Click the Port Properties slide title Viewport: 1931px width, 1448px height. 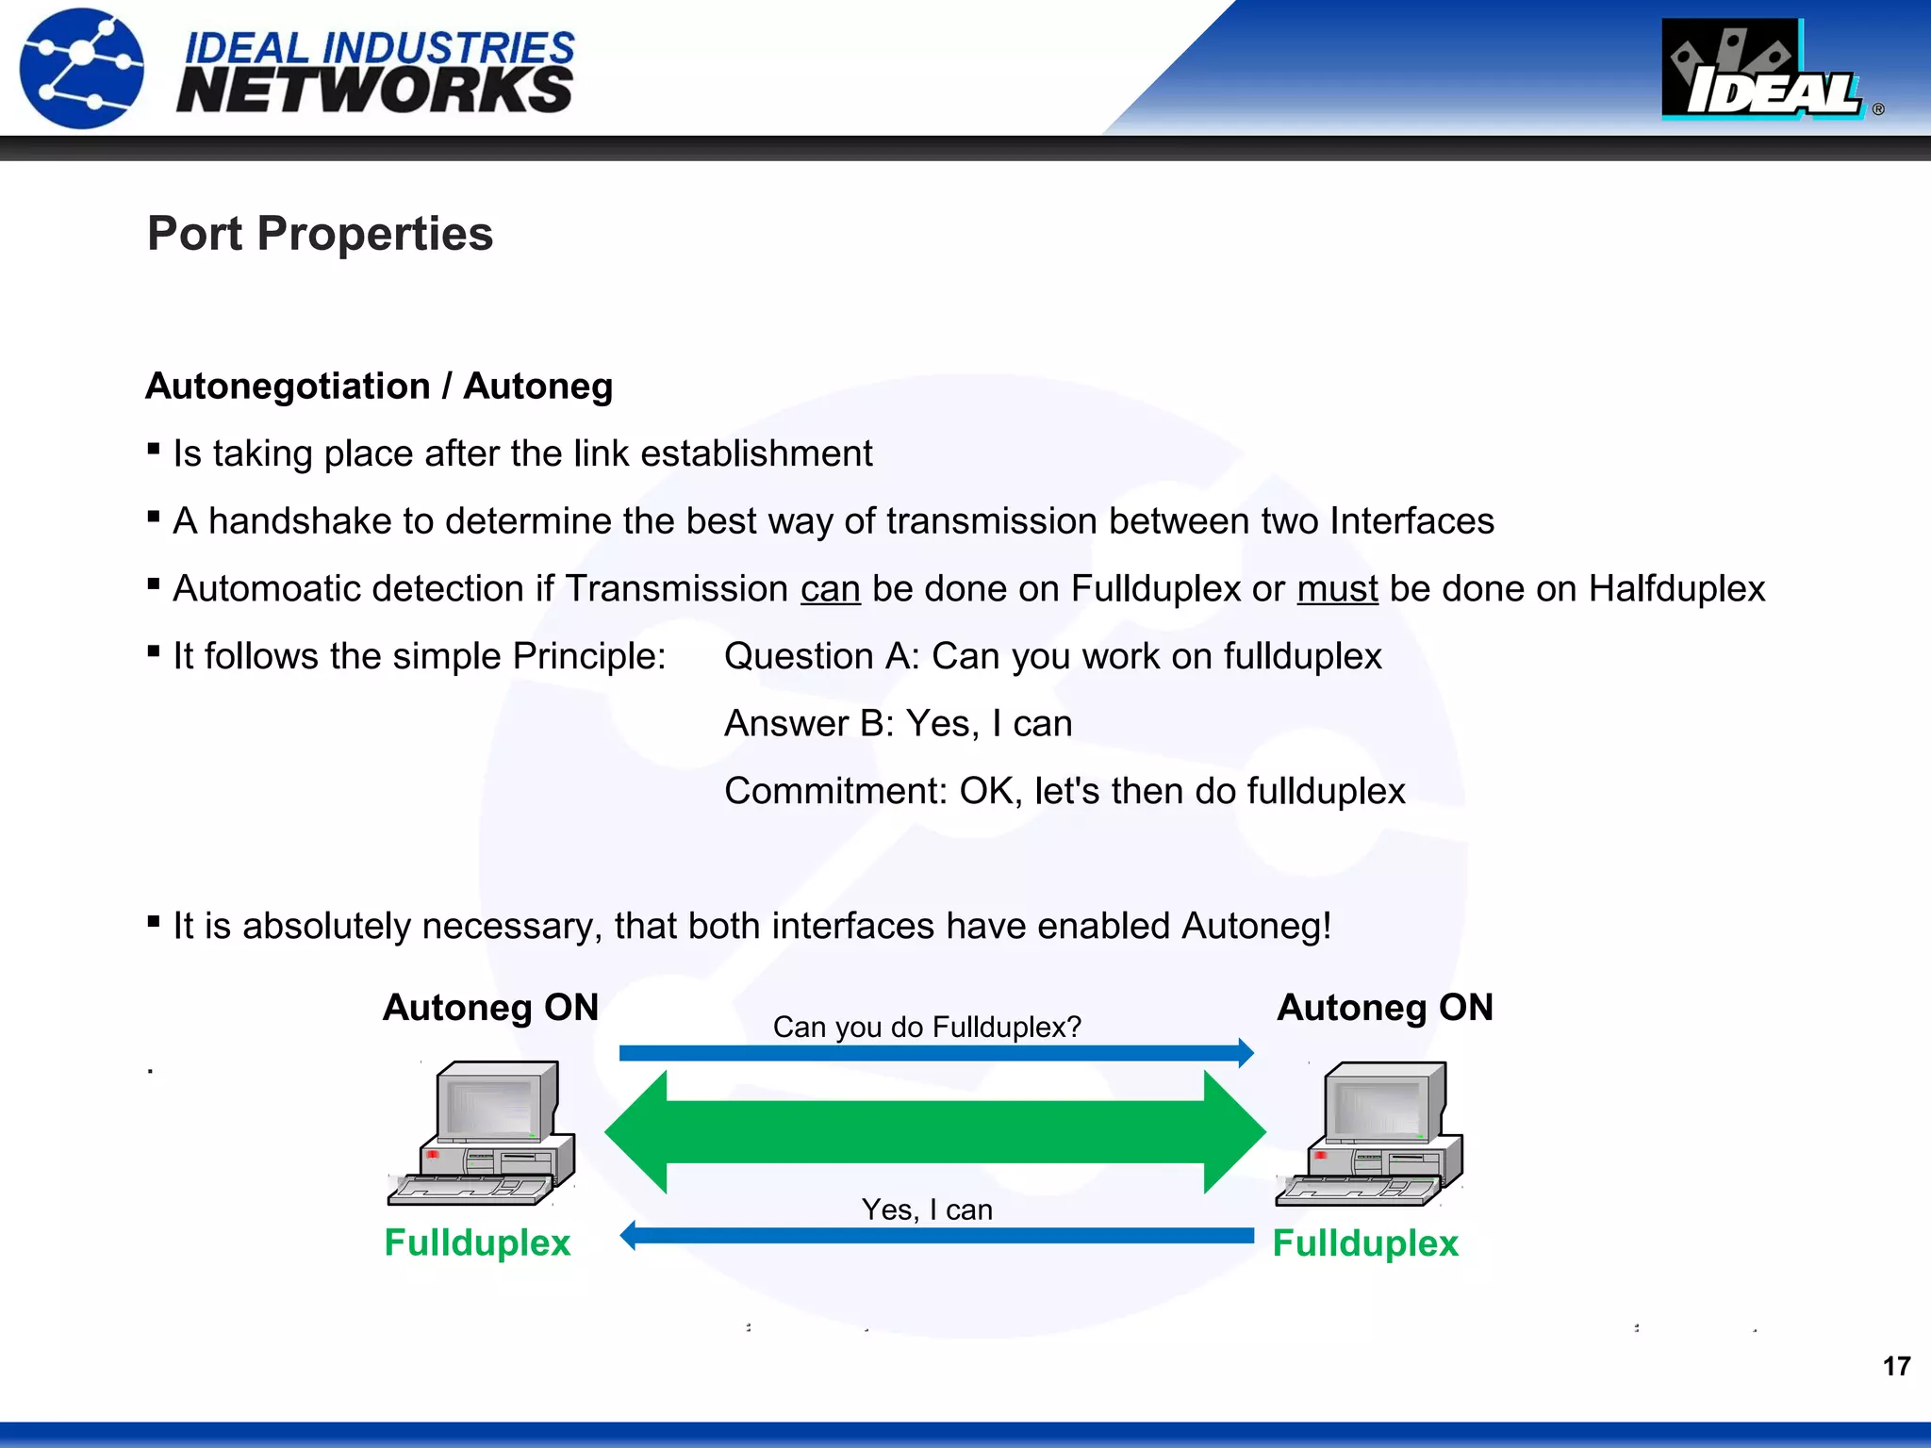tap(320, 234)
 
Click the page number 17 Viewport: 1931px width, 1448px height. tap(1896, 1366)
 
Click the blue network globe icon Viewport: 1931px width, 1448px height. tap(83, 68)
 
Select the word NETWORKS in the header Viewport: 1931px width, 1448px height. tap(374, 91)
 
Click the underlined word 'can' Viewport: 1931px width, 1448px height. tap(830, 589)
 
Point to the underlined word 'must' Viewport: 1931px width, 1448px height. tap(1337, 589)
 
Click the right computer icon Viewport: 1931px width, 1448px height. tap(1370, 1134)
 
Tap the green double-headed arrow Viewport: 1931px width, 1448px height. tap(934, 1132)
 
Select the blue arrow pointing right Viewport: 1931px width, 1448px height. tap(934, 1053)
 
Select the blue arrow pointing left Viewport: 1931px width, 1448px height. tap(934, 1236)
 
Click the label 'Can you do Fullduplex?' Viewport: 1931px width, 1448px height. tap(927, 1027)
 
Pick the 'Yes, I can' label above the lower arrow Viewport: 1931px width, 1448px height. tap(927, 1209)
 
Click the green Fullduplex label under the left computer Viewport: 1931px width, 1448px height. tap(477, 1242)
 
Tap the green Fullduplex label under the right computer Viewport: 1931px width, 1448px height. tap(1365, 1243)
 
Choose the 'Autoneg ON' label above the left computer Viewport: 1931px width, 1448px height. tap(490, 1008)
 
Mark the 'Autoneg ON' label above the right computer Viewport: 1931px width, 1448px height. tap(1384, 1008)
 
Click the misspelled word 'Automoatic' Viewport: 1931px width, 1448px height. tap(255, 589)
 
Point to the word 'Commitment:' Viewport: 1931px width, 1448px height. tap(835, 791)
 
